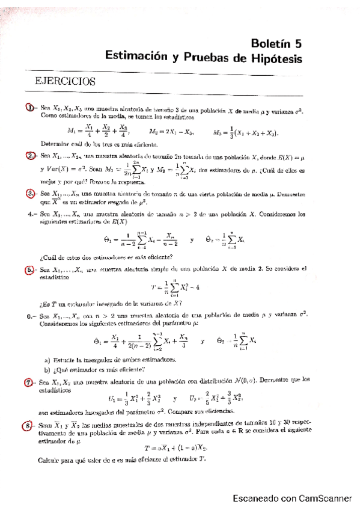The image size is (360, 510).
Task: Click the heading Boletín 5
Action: click(x=276, y=43)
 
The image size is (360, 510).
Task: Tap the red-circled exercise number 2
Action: click(x=31, y=156)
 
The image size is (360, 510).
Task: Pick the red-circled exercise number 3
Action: click(x=31, y=194)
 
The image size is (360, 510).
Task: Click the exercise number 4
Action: click(x=31, y=214)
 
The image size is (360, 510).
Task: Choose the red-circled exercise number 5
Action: click(x=31, y=270)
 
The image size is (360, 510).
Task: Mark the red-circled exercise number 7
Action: click(x=31, y=381)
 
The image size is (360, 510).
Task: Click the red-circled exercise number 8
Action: click(x=31, y=426)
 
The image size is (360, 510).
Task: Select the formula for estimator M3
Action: click(x=246, y=132)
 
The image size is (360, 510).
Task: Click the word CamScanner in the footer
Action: click(x=325, y=497)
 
